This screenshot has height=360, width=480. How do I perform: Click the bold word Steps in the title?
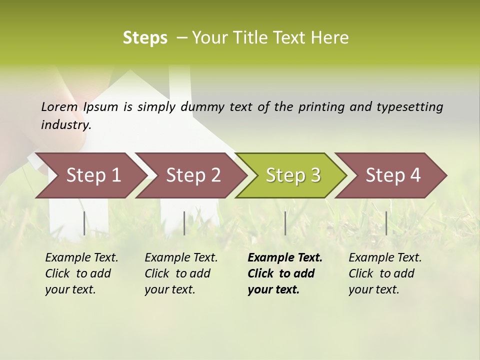click(x=145, y=38)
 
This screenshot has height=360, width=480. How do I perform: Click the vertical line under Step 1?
click(x=84, y=223)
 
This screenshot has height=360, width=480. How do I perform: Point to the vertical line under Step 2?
click(x=184, y=223)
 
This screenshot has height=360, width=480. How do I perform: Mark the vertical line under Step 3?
click(x=285, y=223)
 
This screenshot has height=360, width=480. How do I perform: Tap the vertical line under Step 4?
click(x=386, y=223)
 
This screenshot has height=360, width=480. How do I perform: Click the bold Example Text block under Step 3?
click(x=285, y=273)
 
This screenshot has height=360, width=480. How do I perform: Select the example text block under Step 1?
click(x=81, y=273)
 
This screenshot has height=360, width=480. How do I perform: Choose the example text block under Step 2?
click(x=181, y=273)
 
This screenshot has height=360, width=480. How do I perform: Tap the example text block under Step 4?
click(x=385, y=273)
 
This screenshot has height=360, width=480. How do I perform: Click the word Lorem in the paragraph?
click(x=59, y=106)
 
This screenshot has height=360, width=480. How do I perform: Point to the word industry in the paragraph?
click(x=65, y=124)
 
